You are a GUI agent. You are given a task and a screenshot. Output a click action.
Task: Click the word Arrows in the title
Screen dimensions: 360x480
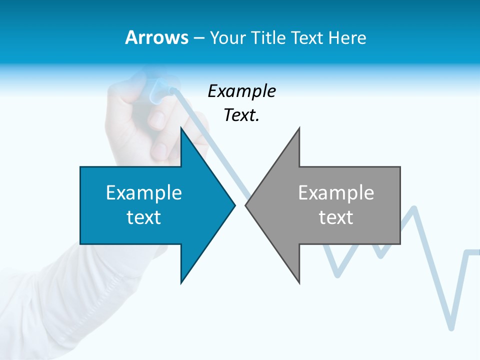click(156, 37)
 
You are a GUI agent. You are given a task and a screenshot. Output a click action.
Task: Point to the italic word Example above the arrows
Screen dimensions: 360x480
click(241, 91)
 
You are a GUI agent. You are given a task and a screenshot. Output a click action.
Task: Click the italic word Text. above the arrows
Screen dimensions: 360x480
click(241, 115)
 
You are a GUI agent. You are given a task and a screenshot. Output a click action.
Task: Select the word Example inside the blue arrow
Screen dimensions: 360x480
click(144, 192)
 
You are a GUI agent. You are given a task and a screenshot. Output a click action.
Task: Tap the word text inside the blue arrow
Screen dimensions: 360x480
click(144, 217)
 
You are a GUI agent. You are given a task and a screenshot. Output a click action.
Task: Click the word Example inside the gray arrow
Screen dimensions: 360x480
click(336, 192)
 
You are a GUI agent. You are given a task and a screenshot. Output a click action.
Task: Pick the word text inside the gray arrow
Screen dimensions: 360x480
click(336, 217)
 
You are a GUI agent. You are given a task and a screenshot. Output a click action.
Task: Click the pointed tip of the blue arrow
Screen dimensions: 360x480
click(234, 204)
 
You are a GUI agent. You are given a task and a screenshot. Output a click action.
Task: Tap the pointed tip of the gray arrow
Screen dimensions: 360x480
click(246, 204)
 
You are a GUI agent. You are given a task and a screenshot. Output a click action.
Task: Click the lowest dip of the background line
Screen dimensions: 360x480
click(451, 327)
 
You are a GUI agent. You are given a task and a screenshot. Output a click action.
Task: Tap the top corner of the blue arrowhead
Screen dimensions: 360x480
click(181, 128)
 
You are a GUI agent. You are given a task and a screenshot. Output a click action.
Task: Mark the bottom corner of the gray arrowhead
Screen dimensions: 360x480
click(299, 282)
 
